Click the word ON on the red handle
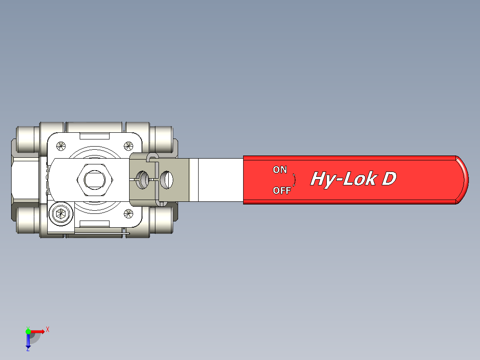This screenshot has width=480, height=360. [x=280, y=170]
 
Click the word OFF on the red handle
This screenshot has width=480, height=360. [x=281, y=191]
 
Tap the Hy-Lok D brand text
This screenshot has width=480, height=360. [x=353, y=179]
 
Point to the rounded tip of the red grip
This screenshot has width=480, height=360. [x=463, y=180]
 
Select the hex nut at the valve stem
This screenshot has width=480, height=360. [x=95, y=180]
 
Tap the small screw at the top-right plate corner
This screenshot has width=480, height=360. [x=129, y=145]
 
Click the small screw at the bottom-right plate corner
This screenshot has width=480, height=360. [x=128, y=214]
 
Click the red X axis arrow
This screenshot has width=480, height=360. [x=38, y=331]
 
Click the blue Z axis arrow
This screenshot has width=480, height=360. [x=28, y=341]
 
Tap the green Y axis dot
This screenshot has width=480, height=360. [x=28, y=331]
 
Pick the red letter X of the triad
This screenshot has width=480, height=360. [x=47, y=330]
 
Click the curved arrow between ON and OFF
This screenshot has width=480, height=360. [x=294, y=180]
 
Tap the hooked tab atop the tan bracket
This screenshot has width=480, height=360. [x=152, y=156]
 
